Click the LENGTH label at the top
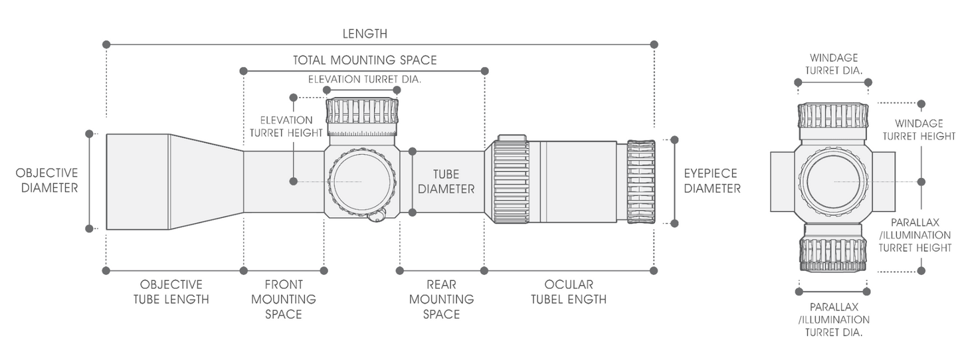click(365, 33)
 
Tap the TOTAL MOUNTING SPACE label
click(365, 60)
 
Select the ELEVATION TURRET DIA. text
click(365, 79)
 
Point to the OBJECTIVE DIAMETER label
click(47, 180)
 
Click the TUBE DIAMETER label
click(446, 181)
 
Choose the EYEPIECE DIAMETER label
click(712, 181)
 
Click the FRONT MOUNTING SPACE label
click(284, 299)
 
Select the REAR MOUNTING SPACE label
click(441, 299)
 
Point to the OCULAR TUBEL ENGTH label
click(568, 292)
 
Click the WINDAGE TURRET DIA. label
click(834, 64)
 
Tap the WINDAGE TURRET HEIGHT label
click(918, 130)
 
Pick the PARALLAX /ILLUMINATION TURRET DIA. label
click(834, 319)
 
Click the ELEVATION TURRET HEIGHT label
click(286, 126)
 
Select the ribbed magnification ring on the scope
click(511, 181)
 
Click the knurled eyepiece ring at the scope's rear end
click(641, 181)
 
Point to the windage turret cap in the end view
click(833, 116)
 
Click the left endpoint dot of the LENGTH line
click(106, 45)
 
